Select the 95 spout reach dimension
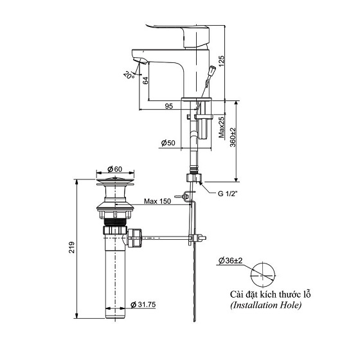(x=168, y=107)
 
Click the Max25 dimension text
(x=222, y=127)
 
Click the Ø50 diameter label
(x=169, y=142)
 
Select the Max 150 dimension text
(x=157, y=202)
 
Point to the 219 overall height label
(x=73, y=248)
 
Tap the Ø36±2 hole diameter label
(x=230, y=260)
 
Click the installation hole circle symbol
(x=264, y=274)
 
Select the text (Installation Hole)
(x=265, y=305)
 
